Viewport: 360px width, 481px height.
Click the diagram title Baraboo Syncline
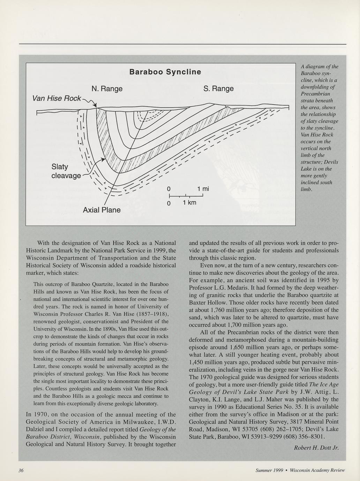165,72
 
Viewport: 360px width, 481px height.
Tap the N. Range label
107,89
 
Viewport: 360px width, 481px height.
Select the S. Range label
218,89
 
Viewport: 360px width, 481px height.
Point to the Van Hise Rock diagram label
56,98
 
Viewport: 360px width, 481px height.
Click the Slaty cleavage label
66,171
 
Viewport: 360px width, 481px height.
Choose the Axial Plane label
102,210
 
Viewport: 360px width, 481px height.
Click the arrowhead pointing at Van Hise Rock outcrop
95,106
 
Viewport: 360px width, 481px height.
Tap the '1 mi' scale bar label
203,189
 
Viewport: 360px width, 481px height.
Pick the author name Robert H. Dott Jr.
316,448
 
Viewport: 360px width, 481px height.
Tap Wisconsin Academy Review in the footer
317,470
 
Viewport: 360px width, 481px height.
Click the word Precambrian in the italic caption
315,94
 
